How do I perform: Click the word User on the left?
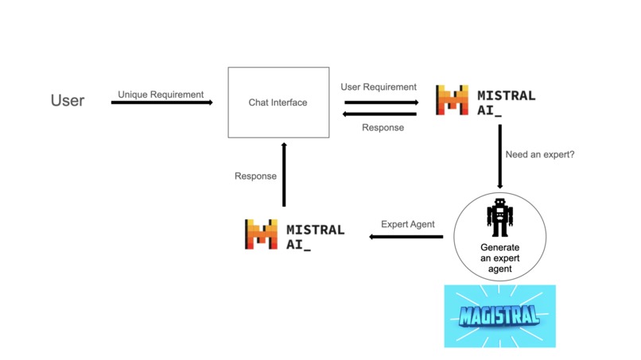pyautogui.click(x=68, y=101)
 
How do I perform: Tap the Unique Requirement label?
pyautogui.click(x=161, y=94)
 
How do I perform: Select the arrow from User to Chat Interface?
pyautogui.click(x=162, y=103)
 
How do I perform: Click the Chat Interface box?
pyautogui.click(x=278, y=103)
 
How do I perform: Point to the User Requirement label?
pyautogui.click(x=379, y=87)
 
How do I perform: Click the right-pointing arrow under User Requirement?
pyautogui.click(x=381, y=102)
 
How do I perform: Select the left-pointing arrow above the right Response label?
pyautogui.click(x=381, y=114)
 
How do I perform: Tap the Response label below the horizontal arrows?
pyautogui.click(x=383, y=127)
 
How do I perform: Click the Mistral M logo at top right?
pyautogui.click(x=452, y=100)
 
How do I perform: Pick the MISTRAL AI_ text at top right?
pyautogui.click(x=506, y=103)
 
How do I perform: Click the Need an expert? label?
pyautogui.click(x=539, y=154)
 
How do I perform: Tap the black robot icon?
pyautogui.click(x=499, y=217)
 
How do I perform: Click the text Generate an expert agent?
pyautogui.click(x=499, y=257)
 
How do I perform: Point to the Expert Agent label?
pyautogui.click(x=408, y=224)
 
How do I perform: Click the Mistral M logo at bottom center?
pyautogui.click(x=261, y=234)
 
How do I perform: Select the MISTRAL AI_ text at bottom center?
pyautogui.click(x=315, y=237)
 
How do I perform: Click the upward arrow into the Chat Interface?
pyautogui.click(x=284, y=174)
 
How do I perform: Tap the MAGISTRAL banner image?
pyautogui.click(x=499, y=315)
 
